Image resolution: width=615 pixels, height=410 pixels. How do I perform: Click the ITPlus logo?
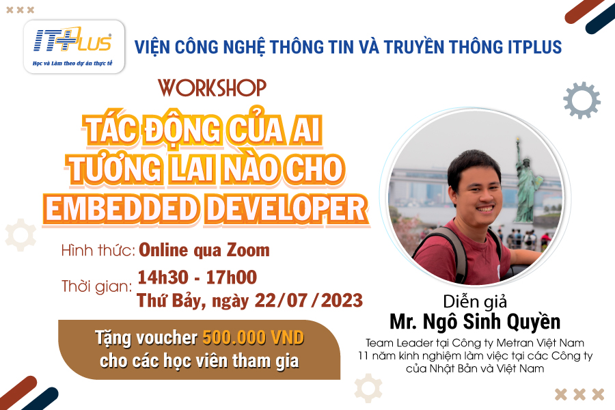(74, 46)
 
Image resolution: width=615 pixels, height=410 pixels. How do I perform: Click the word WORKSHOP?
(213, 88)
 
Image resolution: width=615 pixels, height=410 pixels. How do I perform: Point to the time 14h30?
(163, 277)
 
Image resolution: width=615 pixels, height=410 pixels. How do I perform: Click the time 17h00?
(232, 277)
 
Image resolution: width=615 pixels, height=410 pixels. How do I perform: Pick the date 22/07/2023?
(309, 301)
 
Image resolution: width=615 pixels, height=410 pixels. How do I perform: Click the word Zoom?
(248, 250)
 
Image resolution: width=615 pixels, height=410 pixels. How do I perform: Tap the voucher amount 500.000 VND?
(254, 338)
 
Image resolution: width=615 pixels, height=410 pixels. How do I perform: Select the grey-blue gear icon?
(582, 100)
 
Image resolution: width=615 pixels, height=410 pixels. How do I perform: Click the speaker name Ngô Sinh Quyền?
(491, 322)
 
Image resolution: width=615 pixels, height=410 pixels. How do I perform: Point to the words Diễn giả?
(475, 302)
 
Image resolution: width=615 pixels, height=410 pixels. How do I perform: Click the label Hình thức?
(98, 250)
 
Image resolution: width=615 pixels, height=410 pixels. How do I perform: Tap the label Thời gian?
(96, 286)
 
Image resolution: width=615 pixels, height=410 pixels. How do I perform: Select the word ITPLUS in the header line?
(534, 46)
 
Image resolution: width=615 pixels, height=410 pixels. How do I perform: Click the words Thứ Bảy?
(171, 301)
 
